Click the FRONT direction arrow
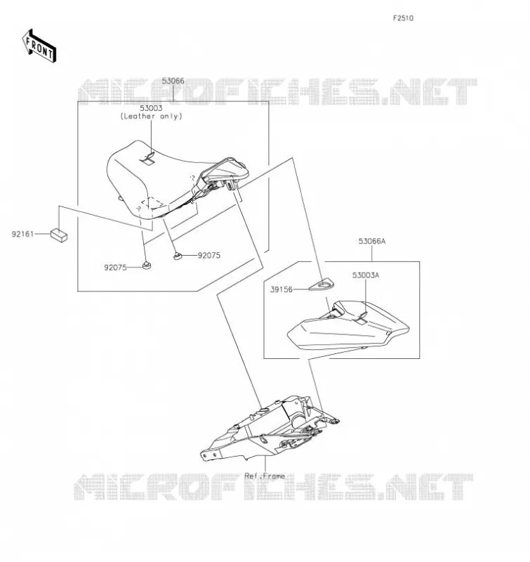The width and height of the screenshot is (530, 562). (39, 46)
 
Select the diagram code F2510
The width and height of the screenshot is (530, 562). (403, 18)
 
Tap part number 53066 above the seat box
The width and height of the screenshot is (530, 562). (173, 81)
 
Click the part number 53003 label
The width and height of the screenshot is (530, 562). (151, 108)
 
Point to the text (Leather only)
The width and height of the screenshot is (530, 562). (151, 116)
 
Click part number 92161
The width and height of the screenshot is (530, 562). (22, 234)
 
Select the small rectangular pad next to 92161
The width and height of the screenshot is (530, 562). (59, 235)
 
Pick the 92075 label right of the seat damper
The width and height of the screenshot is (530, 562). (209, 256)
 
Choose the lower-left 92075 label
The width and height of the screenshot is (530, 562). (115, 268)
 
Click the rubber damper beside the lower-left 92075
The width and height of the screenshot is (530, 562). (146, 266)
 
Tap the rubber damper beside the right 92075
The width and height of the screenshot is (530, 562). (178, 256)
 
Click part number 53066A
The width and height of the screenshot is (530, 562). (372, 241)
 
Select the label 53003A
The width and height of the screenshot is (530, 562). (366, 275)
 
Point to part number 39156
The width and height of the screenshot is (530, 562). (281, 289)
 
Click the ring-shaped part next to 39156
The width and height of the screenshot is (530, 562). (322, 286)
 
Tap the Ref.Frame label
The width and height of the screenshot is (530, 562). (265, 476)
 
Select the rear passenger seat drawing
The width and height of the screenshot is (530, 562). (348, 325)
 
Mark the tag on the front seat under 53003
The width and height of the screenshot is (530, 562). (149, 159)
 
